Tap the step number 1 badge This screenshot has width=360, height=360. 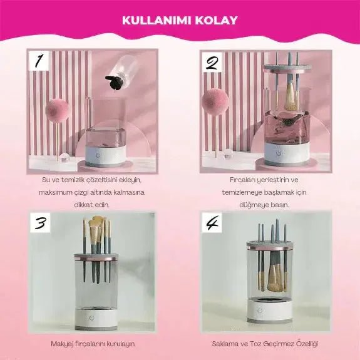39,61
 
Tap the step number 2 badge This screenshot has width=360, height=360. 212,62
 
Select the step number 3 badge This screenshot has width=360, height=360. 40,223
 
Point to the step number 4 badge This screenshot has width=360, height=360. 212,222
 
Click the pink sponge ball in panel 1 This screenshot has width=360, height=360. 57,110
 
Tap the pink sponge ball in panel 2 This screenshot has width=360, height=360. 215,101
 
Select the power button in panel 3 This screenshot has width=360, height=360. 92,318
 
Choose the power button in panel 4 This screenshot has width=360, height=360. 260,311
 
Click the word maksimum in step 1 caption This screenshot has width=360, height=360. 53,192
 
